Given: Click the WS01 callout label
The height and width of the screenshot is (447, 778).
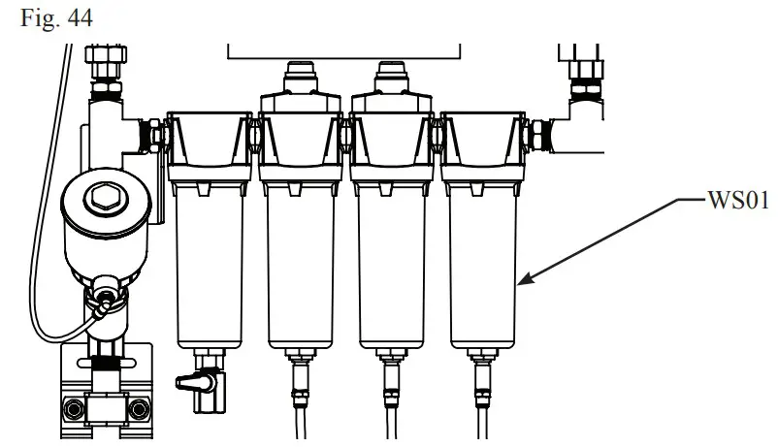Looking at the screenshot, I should tap(737, 202).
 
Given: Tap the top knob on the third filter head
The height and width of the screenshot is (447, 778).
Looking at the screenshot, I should tap(393, 74).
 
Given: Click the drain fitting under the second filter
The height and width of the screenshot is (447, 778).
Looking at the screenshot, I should tap(301, 372).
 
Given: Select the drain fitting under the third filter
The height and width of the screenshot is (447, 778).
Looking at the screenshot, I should tap(392, 372).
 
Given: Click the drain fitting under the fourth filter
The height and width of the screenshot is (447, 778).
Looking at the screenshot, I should tap(483, 372).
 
